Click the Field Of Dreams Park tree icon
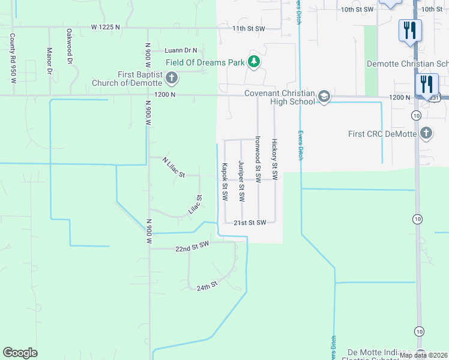pos(255,62)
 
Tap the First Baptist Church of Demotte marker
pos(172,78)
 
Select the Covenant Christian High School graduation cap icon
pos(324,97)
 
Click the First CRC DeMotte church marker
pos(426,133)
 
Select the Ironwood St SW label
pos(258,159)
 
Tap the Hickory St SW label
pos(274,160)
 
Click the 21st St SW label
pos(250,223)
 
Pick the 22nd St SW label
pos(191,247)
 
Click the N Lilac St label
pos(173,167)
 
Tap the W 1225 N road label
pos(106,27)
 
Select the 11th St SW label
pos(248,28)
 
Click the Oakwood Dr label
pos(70,46)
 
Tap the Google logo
pos(20,353)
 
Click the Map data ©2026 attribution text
pos(423,355)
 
